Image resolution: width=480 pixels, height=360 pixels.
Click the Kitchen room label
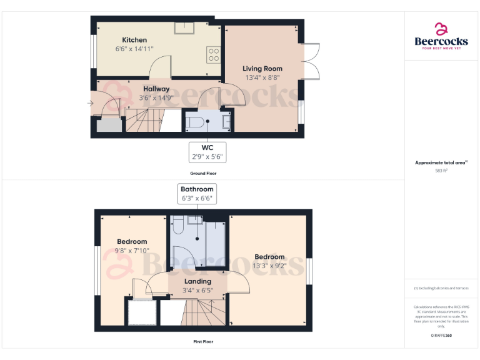(134, 40)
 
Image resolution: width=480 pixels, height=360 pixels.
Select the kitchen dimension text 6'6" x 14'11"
(134, 49)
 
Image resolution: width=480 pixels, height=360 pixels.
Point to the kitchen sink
(184, 27)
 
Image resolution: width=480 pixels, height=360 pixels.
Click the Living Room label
(262, 69)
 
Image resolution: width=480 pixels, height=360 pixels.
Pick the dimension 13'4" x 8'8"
(262, 78)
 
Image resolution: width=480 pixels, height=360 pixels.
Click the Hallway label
(156, 89)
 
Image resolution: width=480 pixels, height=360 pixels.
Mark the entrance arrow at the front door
(91, 103)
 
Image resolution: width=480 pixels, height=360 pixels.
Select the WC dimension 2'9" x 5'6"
(207, 156)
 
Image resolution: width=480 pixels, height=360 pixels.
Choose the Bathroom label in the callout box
(197, 189)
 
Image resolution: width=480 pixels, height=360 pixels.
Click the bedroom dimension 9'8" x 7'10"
(132, 251)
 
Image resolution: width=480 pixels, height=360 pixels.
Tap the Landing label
(197, 281)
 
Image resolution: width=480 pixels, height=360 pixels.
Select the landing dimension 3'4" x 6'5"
(197, 290)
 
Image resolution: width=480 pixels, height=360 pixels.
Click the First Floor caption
(203, 342)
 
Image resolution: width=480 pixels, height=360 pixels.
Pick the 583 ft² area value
(441, 170)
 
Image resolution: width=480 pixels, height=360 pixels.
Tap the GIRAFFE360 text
(441, 336)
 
